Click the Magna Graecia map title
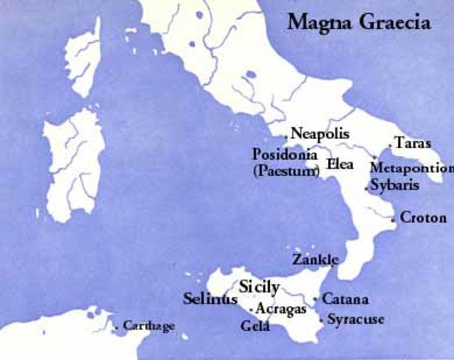point(359,22)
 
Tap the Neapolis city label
point(320,133)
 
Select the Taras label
point(413,143)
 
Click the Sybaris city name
point(396,185)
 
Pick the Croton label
point(423,218)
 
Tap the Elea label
point(341,163)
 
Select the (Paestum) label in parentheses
point(286,171)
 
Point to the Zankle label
point(315,259)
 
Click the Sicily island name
point(259,286)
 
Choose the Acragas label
point(279,308)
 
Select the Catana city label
point(345,300)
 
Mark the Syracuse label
point(356,319)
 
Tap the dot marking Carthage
point(117,327)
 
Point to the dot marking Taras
point(390,145)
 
